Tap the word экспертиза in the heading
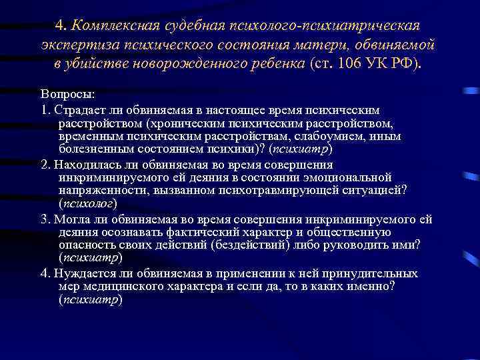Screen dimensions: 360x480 pos(76,46)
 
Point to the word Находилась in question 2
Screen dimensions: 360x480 pos(84,165)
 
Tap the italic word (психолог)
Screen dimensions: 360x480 pos(87,205)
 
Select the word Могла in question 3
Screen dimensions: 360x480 pos(71,218)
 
